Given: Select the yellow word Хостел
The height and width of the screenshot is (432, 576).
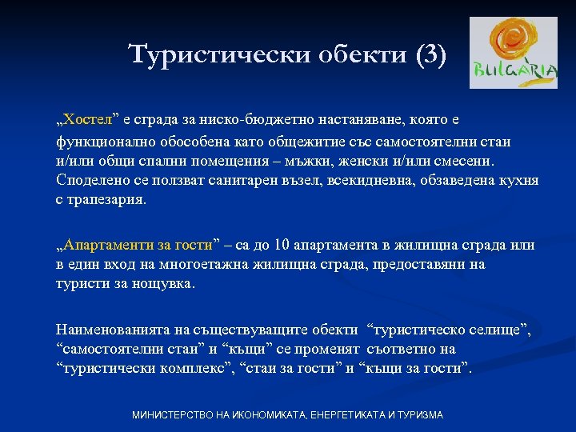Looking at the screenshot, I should point(88,121).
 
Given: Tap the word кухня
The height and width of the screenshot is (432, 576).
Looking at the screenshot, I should point(518,181).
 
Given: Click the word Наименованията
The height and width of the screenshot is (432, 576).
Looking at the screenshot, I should point(110,329).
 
